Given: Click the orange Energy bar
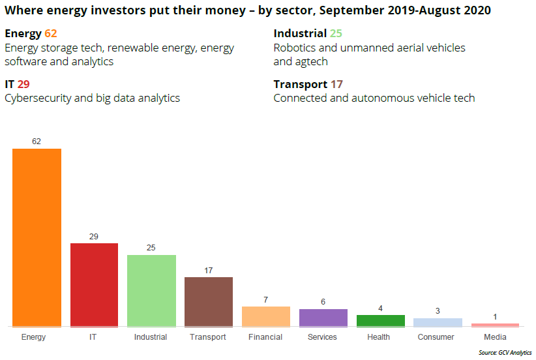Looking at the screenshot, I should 37,237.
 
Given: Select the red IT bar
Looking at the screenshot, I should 94,284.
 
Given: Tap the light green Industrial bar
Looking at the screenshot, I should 151,290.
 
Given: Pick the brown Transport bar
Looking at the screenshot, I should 209,301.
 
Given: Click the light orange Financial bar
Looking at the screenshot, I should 266,316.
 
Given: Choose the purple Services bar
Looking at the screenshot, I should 323,317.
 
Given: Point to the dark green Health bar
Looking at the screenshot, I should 380,320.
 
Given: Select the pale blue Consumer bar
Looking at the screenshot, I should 438,322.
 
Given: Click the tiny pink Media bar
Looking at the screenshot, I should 495,324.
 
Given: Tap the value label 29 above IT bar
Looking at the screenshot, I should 94,236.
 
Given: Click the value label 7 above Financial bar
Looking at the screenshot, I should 266,299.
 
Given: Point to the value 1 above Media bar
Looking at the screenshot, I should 495,317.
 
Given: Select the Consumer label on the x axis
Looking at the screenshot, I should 436,337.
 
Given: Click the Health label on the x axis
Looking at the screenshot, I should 378,337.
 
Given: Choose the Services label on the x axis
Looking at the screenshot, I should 322,337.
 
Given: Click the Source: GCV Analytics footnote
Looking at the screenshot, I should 505,353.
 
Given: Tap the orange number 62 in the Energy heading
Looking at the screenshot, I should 51,33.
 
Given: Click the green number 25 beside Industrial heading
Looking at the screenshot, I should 336,33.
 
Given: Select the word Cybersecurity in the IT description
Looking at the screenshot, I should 36,98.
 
